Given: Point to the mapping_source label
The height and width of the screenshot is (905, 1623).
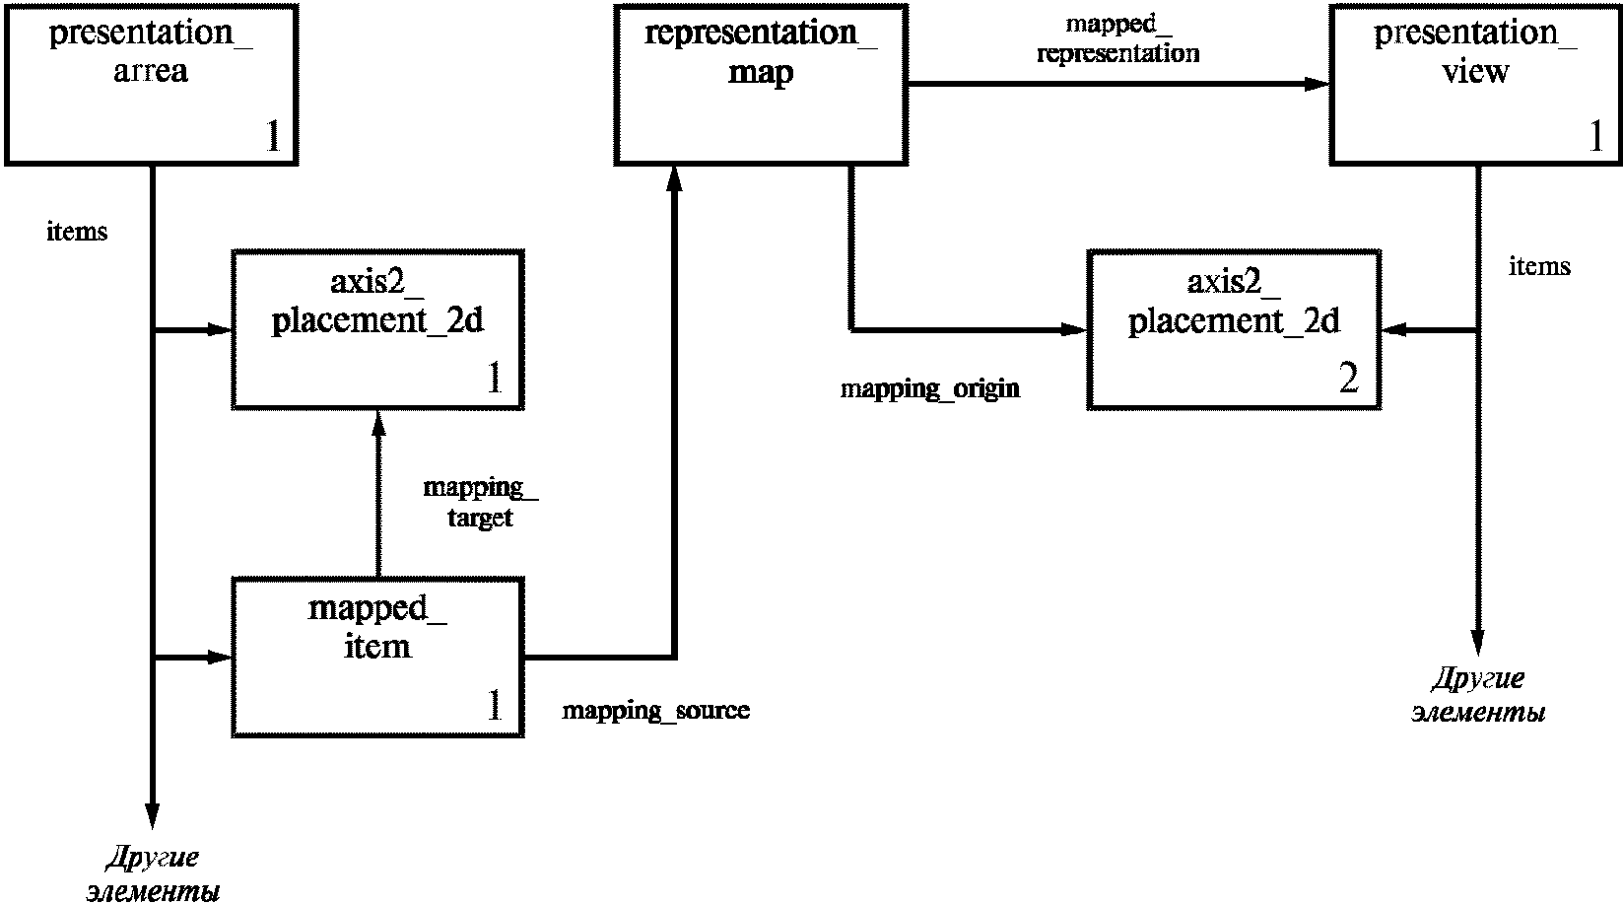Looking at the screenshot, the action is click(x=655, y=711).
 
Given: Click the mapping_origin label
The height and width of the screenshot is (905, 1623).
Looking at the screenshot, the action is click(x=929, y=389).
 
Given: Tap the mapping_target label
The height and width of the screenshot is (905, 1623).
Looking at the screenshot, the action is click(x=480, y=502).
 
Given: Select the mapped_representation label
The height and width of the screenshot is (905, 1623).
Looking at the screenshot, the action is click(x=1118, y=39).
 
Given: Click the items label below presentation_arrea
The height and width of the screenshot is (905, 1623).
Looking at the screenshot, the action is click(x=77, y=232).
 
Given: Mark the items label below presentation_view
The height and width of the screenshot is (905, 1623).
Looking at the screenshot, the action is click(x=1539, y=266).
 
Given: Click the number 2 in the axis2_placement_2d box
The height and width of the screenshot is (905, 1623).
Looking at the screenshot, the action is click(x=1348, y=378).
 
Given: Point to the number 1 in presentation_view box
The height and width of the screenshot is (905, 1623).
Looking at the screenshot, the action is click(x=1596, y=135).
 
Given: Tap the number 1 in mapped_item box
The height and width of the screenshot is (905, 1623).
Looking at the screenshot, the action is click(x=495, y=704).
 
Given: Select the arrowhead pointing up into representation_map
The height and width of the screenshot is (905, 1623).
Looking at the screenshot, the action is click(x=675, y=178).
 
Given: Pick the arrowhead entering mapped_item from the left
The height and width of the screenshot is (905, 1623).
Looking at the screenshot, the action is click(x=220, y=658).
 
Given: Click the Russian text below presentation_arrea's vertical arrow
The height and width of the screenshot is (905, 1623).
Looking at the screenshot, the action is click(x=153, y=874).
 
